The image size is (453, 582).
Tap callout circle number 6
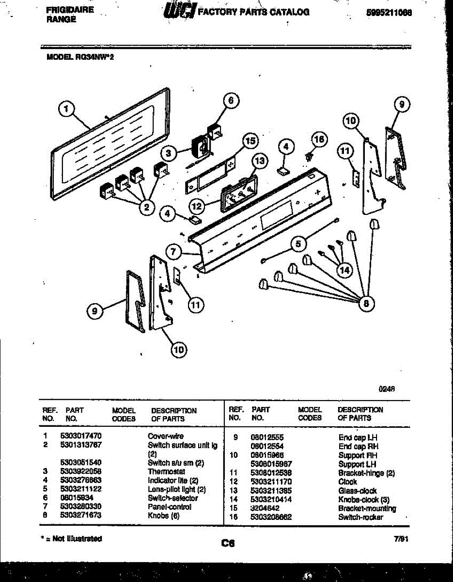coord(231,100)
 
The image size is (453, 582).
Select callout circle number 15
coord(250,141)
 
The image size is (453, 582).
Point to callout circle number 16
coord(319,139)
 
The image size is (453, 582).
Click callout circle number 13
coord(260,161)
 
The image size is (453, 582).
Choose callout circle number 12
coord(196,206)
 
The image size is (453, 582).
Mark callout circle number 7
coord(174,252)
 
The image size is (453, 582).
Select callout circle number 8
coord(366,304)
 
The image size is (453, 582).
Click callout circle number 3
coord(168,154)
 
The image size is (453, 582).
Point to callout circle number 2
coord(145,207)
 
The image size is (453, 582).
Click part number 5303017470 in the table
coord(81,436)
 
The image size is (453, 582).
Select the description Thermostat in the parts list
coord(166,471)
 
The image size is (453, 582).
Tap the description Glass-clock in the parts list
coord(357,491)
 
